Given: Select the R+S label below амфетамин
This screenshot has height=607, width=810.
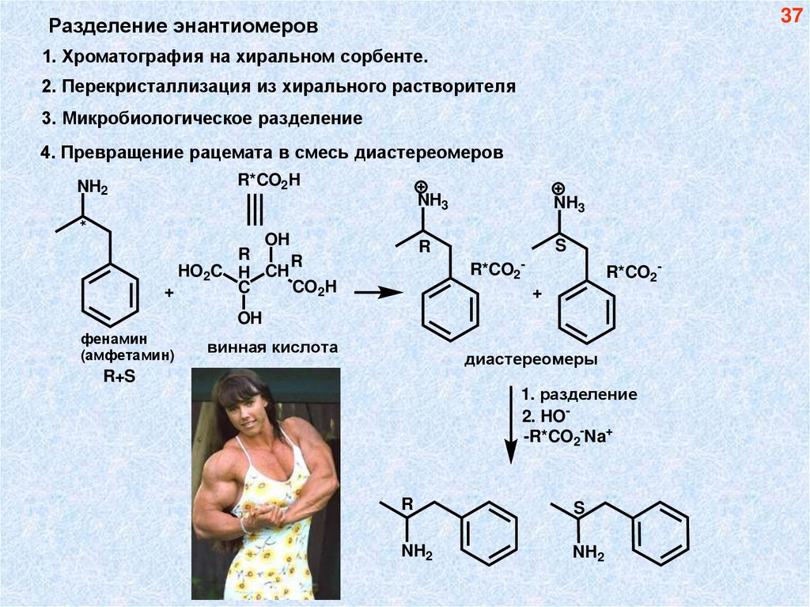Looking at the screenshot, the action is point(119,377).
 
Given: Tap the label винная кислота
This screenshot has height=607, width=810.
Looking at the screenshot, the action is point(273,347).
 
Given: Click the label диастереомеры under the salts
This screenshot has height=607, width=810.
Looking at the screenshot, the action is point(531,359).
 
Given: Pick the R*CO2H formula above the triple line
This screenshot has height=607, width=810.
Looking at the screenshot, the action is point(269,180).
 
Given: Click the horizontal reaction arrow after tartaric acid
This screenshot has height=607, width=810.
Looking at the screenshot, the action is point(378,292).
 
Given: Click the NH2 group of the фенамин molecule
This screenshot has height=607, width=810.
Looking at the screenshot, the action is point(92,188).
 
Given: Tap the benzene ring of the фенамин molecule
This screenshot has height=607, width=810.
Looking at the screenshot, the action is point(111,293).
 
